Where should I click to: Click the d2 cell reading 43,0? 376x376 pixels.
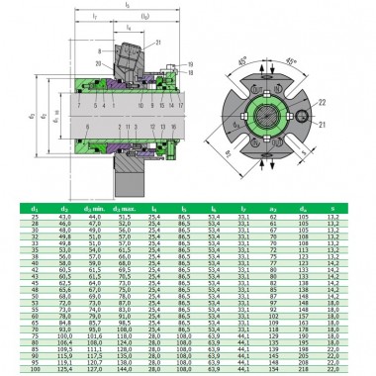(x=67, y=213)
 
